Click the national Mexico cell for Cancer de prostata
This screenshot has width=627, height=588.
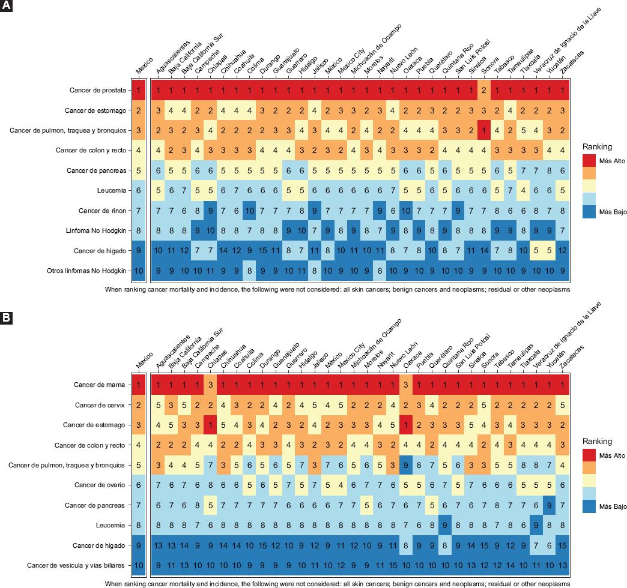[x=139, y=91]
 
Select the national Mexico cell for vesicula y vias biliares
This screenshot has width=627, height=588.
[x=139, y=565]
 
